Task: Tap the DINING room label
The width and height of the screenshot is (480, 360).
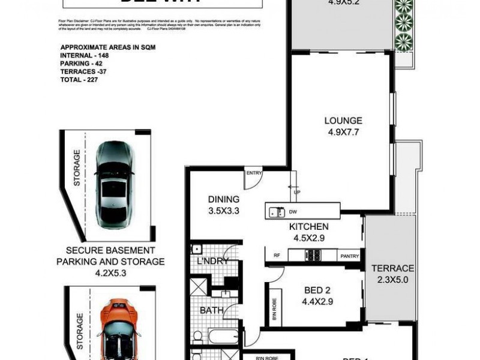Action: [x=224, y=199]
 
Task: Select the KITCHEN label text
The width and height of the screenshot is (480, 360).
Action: [x=308, y=227]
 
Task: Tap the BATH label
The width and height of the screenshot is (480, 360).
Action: [x=211, y=310]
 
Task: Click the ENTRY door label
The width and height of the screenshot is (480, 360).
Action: [x=253, y=173]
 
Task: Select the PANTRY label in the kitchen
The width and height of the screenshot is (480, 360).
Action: [x=349, y=256]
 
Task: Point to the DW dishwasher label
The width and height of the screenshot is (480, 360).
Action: [x=293, y=211]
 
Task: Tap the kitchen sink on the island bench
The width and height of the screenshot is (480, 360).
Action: [x=277, y=211]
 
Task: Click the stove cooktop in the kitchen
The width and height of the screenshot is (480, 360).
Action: [x=313, y=255]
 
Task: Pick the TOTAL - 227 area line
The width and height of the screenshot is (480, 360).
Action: [x=79, y=79]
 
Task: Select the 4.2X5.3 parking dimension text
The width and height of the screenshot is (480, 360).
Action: [x=110, y=272]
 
